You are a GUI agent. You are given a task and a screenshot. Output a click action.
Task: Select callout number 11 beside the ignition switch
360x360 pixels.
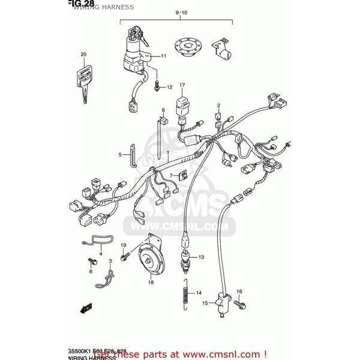163,56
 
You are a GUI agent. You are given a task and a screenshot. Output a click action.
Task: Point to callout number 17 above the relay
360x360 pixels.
182,85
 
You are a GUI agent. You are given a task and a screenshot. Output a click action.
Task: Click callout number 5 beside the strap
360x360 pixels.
119,155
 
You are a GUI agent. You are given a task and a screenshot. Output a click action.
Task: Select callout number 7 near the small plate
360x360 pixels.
171,176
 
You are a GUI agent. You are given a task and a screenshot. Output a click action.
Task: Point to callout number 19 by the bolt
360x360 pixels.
123,245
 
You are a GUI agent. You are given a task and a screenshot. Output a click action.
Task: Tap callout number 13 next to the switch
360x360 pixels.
200,257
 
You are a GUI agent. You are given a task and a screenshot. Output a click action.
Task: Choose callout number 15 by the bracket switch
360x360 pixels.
204,303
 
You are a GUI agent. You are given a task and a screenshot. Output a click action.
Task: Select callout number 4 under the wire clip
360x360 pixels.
101,254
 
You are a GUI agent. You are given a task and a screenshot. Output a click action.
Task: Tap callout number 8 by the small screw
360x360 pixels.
91,271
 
